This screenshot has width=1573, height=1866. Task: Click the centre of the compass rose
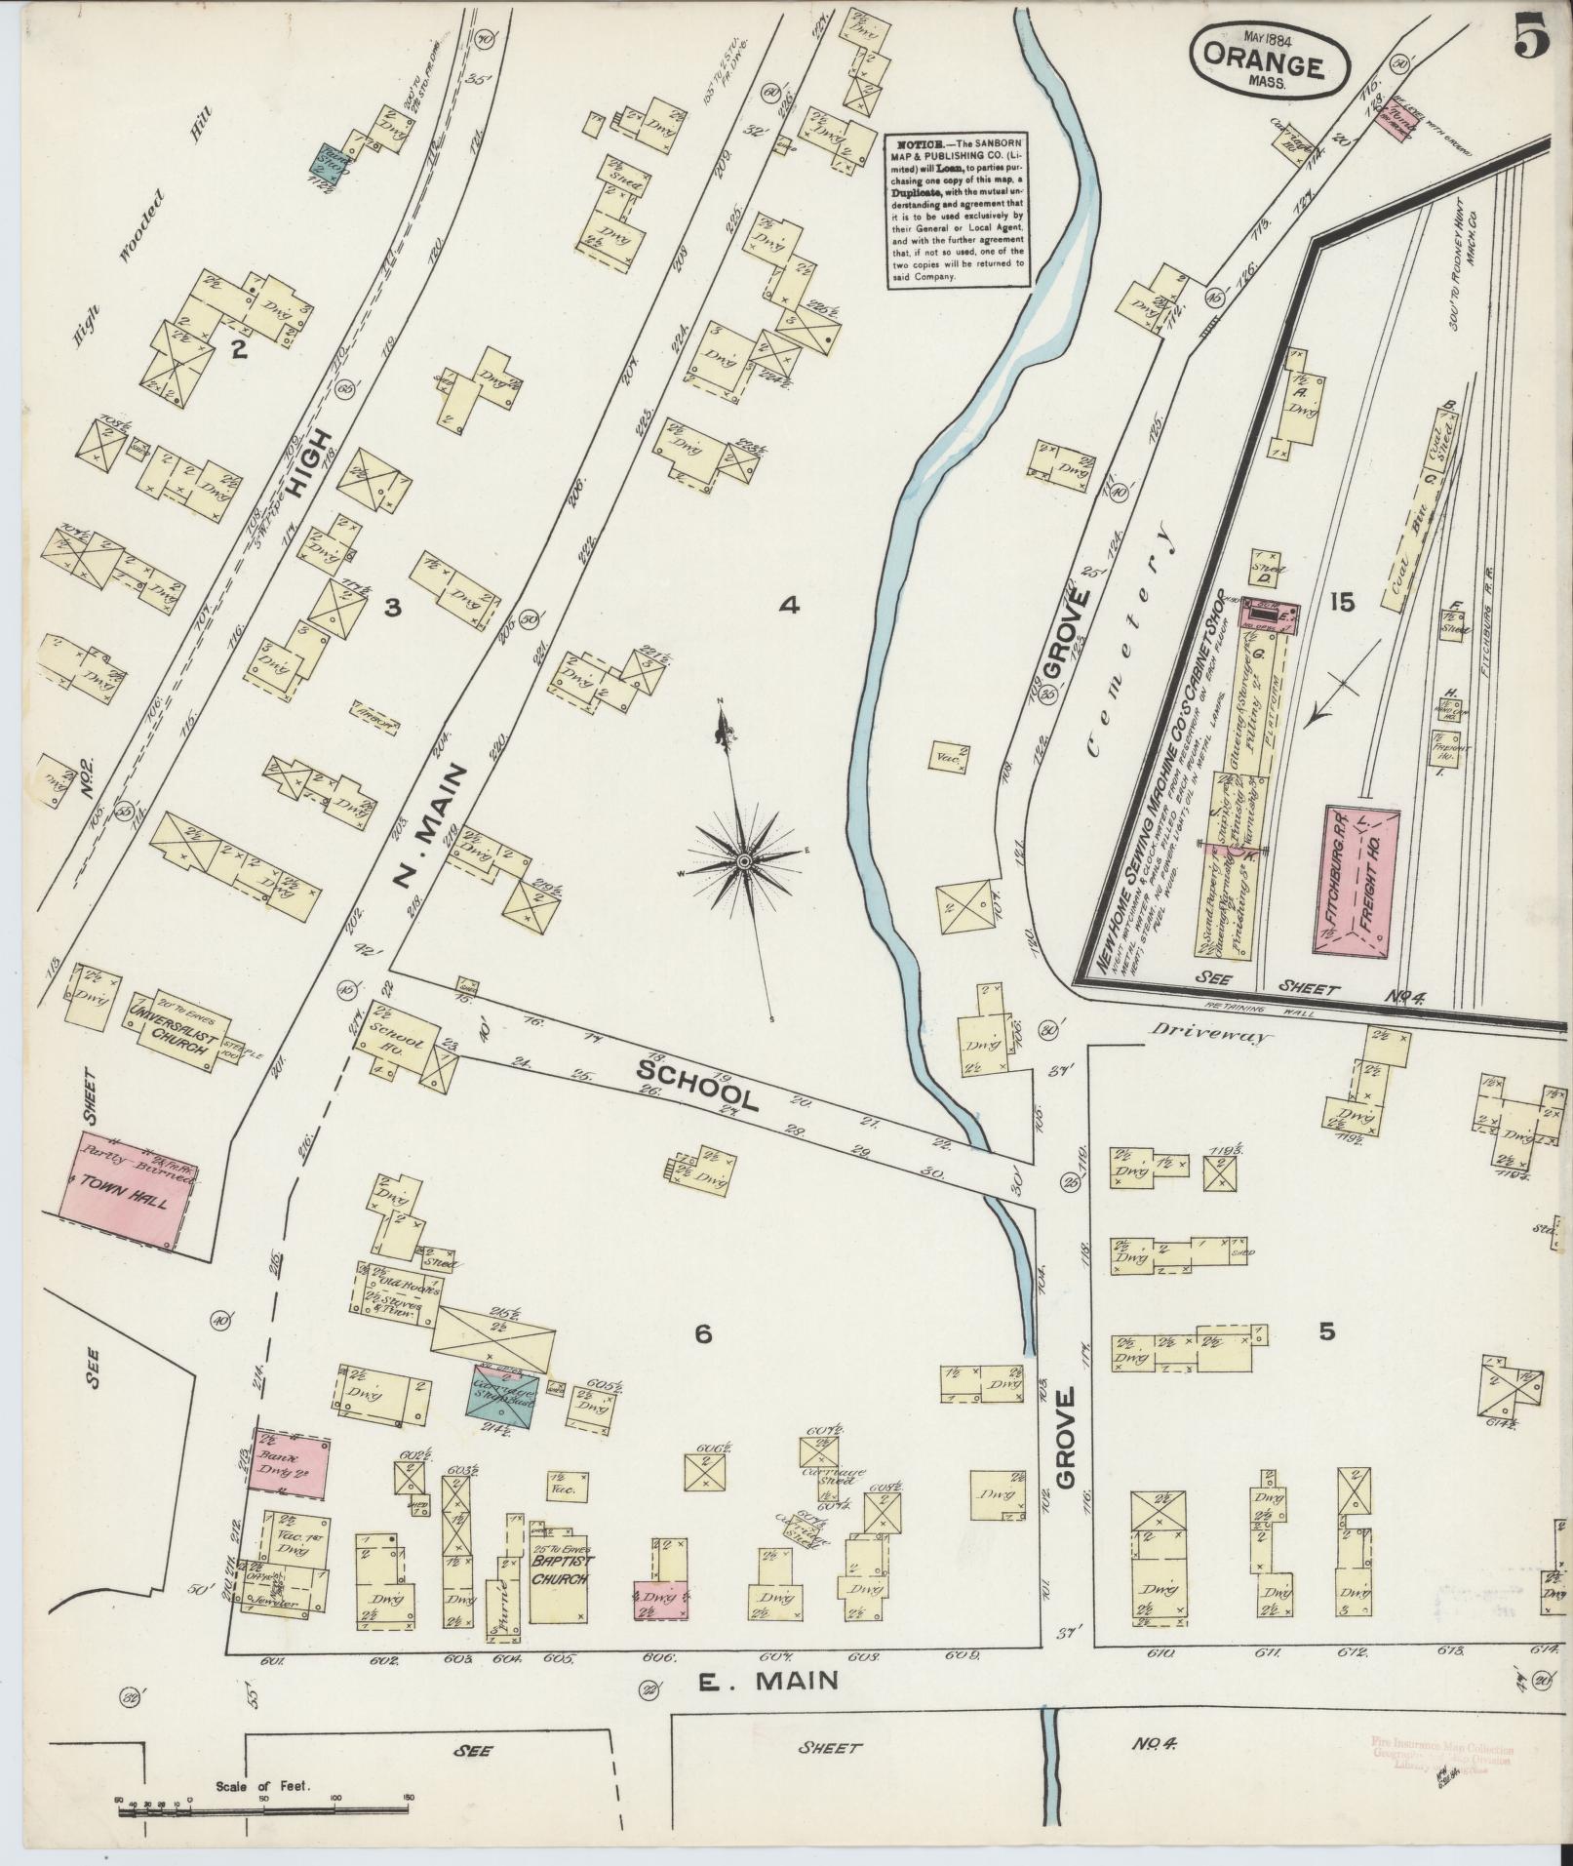(x=743, y=861)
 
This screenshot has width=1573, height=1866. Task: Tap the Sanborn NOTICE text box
(x=958, y=211)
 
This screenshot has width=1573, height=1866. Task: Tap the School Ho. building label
(x=397, y=1044)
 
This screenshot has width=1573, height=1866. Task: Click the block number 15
(x=1341, y=602)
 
